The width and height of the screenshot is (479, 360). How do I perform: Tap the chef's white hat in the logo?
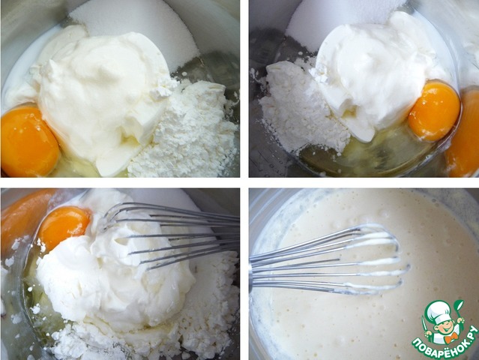click(440, 310)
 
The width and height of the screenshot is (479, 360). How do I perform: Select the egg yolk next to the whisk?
click(64, 226)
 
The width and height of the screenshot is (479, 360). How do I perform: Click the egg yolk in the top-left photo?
click(29, 141)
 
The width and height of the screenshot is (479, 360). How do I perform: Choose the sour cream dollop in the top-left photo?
click(97, 94)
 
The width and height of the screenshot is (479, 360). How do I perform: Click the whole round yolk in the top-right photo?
click(434, 112)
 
